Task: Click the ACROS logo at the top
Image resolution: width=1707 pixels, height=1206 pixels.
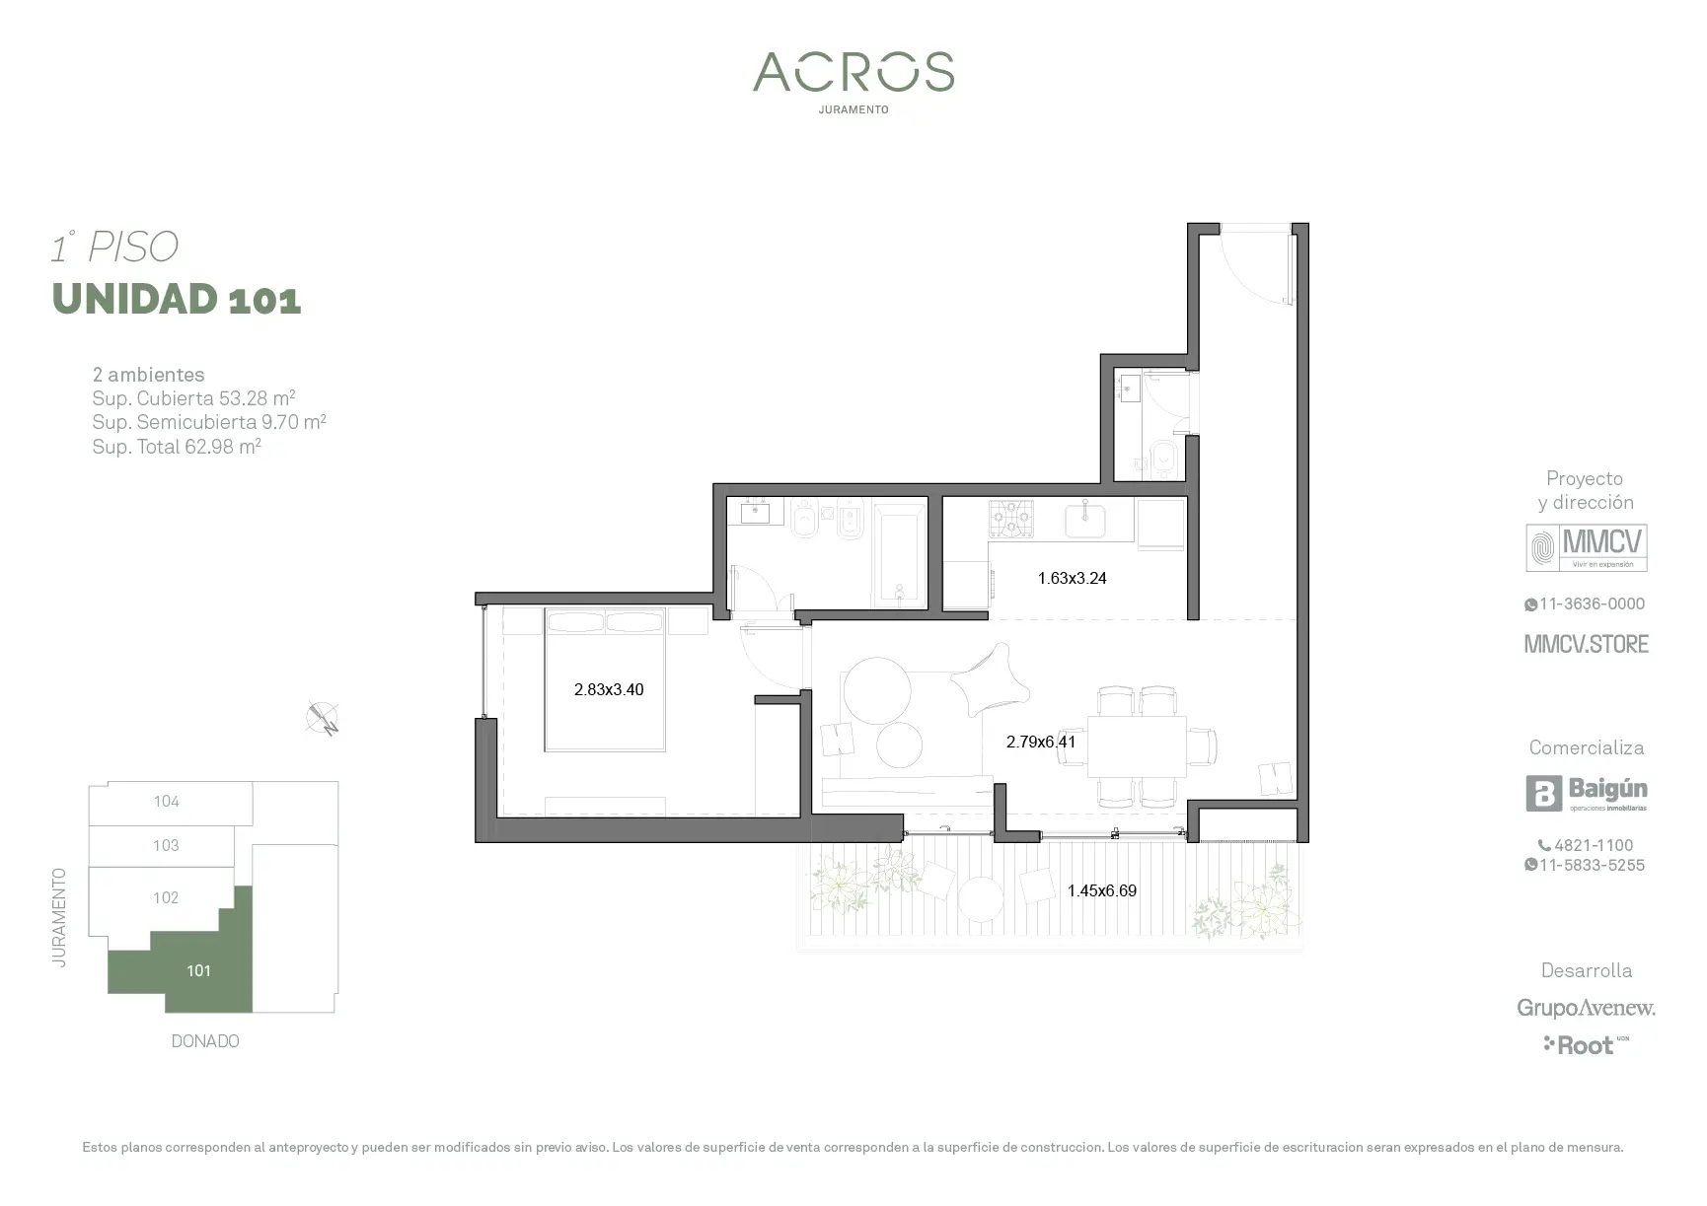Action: tap(853, 72)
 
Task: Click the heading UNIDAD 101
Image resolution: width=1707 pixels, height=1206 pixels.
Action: tap(177, 299)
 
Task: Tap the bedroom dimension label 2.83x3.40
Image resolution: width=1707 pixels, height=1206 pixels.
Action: tap(609, 689)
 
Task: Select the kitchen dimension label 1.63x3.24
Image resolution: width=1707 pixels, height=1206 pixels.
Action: tap(1072, 578)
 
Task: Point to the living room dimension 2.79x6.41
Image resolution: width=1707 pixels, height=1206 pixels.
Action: tap(1041, 742)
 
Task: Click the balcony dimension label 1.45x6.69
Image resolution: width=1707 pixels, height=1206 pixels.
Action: tap(1102, 890)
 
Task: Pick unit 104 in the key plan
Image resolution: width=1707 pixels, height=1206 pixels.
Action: tap(166, 802)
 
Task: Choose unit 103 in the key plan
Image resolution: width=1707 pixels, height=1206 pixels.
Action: tap(166, 845)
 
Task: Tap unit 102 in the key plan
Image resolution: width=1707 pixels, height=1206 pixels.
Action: tap(166, 897)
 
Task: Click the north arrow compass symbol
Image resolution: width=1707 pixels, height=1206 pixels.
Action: tap(323, 719)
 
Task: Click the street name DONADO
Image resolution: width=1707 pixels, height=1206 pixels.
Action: tap(205, 1041)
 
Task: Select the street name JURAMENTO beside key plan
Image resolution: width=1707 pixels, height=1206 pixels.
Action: tap(60, 917)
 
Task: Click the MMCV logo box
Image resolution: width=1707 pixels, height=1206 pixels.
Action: tap(1587, 548)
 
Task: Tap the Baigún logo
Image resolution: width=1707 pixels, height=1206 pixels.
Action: tap(1587, 794)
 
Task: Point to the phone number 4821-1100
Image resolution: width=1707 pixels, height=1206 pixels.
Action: tap(1586, 845)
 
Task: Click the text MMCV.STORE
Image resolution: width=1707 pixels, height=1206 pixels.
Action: tap(1587, 644)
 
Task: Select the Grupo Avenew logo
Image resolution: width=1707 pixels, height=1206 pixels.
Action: tap(1587, 1008)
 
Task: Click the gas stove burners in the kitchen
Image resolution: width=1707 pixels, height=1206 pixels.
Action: tap(1011, 519)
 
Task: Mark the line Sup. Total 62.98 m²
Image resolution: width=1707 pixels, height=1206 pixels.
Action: tap(177, 446)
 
